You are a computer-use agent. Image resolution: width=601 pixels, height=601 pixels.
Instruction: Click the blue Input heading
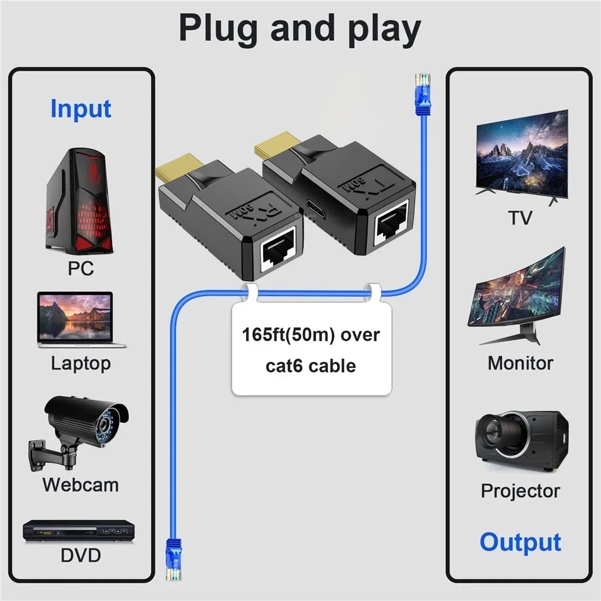(81, 109)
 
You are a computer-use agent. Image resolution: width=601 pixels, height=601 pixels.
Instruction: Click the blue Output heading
(520, 542)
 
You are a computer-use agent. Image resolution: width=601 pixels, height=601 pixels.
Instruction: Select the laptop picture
(81, 319)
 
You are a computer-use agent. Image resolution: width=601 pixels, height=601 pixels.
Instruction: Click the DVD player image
(81, 532)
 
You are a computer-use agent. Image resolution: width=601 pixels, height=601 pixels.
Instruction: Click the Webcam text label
(81, 485)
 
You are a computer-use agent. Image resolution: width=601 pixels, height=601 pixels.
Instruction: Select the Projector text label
(520, 491)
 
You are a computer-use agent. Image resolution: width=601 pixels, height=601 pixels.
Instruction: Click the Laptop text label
(81, 363)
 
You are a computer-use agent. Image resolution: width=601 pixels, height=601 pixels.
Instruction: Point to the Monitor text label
(520, 363)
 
